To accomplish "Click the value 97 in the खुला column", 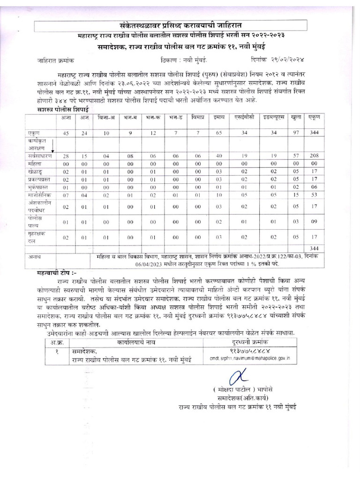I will click(x=295, y=133).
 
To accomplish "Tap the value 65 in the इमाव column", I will click(x=217, y=133).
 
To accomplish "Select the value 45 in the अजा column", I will click(x=66, y=133).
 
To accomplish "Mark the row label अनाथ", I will click(x=35, y=257).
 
